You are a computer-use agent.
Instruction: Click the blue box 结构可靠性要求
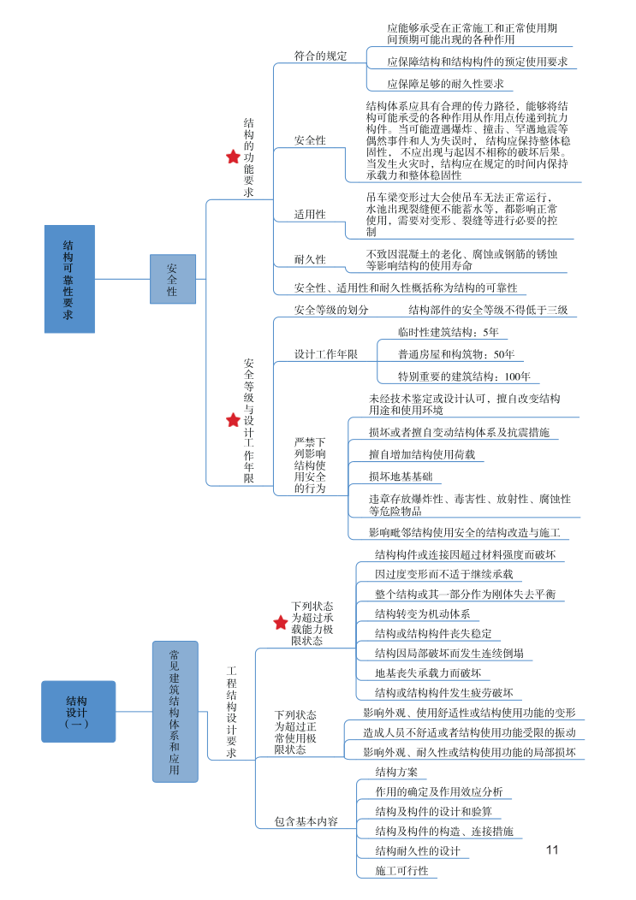coord(69,279)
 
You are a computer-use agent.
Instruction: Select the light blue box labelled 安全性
coord(172,279)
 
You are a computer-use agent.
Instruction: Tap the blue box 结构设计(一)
coord(77,711)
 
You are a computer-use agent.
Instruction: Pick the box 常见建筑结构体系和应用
coord(175,711)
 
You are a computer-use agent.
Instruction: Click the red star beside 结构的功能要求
coord(232,157)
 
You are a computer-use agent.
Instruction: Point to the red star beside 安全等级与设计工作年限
coord(233,420)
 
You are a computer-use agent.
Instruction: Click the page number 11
coord(551,850)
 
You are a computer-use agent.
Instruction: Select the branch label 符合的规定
coord(320,56)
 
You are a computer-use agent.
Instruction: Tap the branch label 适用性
coord(310,214)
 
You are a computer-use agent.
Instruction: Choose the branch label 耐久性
coord(310,259)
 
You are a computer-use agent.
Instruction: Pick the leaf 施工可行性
coord(401,871)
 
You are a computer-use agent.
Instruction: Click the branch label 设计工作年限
coord(325,354)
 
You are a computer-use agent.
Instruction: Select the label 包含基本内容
coord(306,821)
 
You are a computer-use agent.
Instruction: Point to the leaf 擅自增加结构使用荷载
coord(421,454)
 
